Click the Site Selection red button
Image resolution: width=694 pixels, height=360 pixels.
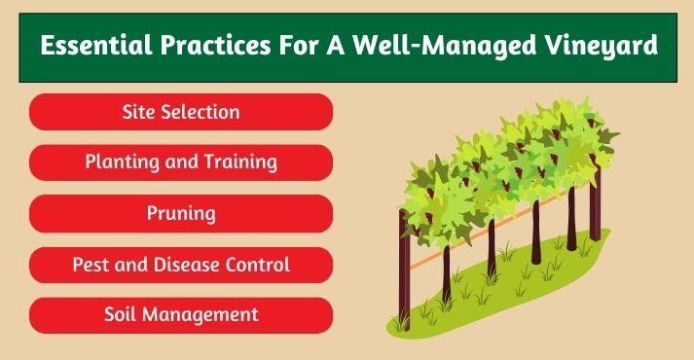(x=181, y=111)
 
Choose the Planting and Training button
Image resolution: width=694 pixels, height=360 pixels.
(x=181, y=162)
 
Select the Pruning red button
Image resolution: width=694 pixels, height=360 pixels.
(x=181, y=212)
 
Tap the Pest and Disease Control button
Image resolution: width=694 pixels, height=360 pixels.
(x=181, y=264)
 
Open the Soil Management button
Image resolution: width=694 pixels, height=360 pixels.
(x=181, y=314)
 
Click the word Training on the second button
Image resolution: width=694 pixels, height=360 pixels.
(x=238, y=162)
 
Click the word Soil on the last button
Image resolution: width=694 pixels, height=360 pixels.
(x=121, y=314)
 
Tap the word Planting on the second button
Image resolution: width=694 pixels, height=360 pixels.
(x=118, y=162)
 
